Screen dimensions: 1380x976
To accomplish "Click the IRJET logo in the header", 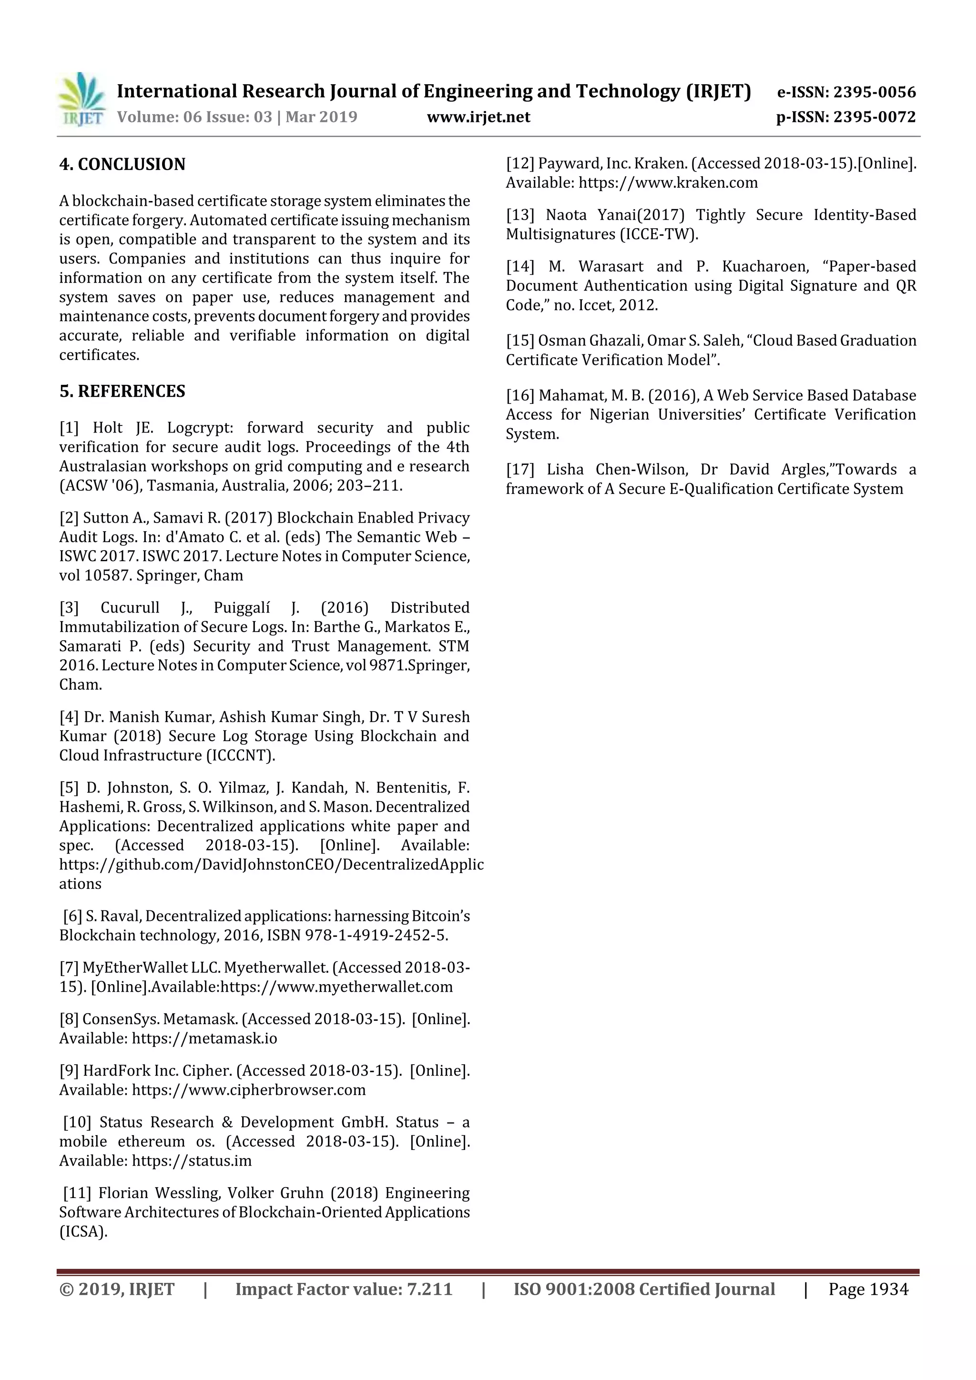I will tap(82, 99).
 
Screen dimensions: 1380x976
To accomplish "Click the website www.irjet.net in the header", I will tap(478, 117).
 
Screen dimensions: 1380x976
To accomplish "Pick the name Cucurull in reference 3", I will tap(130, 608).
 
